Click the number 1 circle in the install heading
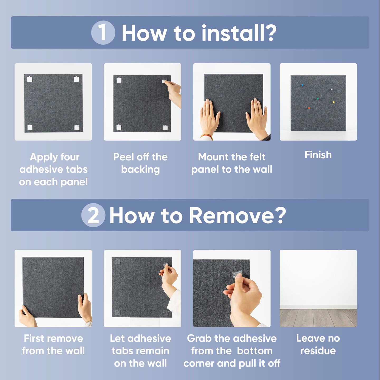point(103,32)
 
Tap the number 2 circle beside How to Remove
point(93,215)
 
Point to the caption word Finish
point(318,155)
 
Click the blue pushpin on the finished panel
point(302,85)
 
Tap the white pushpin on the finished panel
point(332,89)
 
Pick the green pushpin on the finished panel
point(317,99)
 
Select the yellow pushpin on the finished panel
point(334,102)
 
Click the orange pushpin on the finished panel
point(309,108)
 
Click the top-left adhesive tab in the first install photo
point(30,79)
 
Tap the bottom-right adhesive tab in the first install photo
point(77,127)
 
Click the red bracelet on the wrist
point(207,136)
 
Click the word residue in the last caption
point(318,351)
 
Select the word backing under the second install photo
point(140,169)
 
